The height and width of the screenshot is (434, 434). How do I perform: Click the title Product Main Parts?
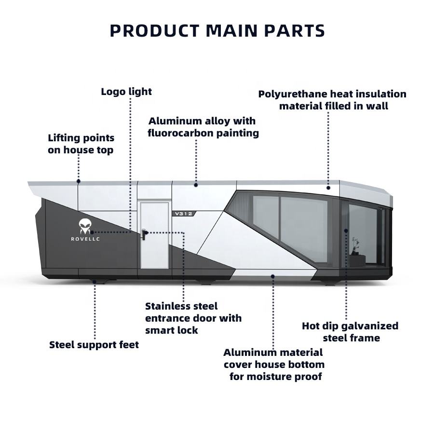click(x=217, y=31)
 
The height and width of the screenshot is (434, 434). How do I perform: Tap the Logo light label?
click(x=126, y=92)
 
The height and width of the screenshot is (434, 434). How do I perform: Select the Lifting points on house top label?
click(x=81, y=144)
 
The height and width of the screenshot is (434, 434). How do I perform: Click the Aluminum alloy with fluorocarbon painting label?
click(x=203, y=127)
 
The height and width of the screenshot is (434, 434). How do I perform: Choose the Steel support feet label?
click(x=94, y=345)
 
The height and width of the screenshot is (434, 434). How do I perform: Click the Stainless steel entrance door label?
click(x=193, y=318)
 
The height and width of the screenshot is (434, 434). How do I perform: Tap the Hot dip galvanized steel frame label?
click(x=350, y=332)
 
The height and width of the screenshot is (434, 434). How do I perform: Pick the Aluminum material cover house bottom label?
click(x=273, y=365)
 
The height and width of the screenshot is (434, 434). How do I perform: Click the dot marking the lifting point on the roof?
click(x=79, y=182)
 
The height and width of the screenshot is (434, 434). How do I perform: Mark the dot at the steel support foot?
click(x=95, y=282)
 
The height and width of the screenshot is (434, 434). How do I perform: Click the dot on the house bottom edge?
click(x=273, y=276)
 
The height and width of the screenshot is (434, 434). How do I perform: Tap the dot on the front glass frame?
click(x=346, y=231)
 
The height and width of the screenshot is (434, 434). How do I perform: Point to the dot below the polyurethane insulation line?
click(x=328, y=187)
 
